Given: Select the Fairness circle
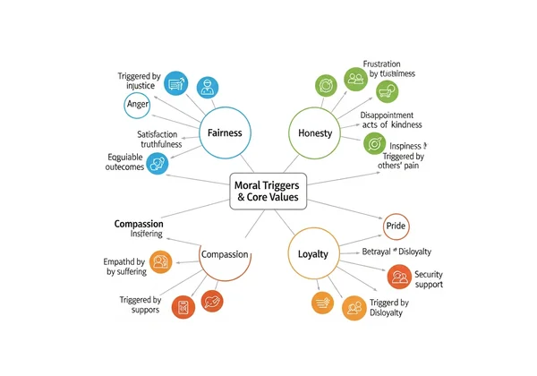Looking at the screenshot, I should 225,133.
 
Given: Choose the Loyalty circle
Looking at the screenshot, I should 313,254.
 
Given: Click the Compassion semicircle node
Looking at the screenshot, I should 225,255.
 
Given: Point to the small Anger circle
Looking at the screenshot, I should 135,106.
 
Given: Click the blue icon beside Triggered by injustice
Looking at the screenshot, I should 175,84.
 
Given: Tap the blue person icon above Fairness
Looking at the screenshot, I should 208,87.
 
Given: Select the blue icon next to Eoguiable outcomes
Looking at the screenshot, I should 157,164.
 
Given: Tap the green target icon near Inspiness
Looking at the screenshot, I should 375,143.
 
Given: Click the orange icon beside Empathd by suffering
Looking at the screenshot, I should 161,262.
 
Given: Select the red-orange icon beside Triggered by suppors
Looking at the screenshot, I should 183,307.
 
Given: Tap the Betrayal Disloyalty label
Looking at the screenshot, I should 396,251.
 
